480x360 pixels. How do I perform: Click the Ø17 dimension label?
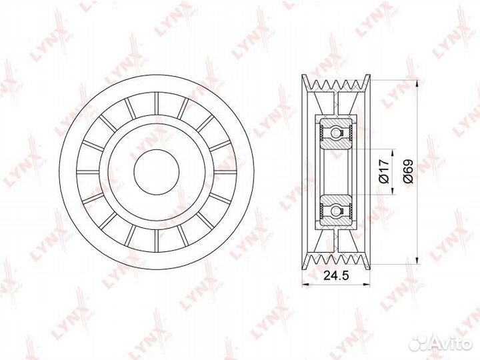point(384,171)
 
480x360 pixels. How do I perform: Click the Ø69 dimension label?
point(409,171)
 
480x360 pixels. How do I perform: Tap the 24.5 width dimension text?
point(336,275)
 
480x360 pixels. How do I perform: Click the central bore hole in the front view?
point(157,172)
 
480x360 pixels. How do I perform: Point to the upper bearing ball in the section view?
point(337,133)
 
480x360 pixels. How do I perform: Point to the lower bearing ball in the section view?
point(337,210)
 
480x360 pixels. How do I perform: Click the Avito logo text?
point(453,343)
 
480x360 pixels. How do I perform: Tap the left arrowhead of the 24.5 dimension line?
point(305,285)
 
